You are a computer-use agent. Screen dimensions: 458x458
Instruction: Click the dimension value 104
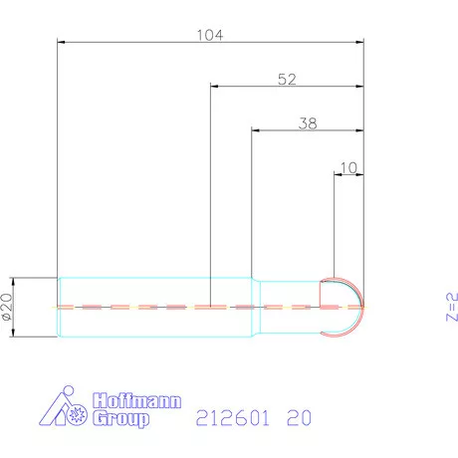pyautogui.click(x=209, y=34)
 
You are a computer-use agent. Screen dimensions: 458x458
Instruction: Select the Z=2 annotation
pyautogui.click(x=450, y=308)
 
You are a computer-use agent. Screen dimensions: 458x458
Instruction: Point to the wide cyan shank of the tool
pyautogui.click(x=149, y=306)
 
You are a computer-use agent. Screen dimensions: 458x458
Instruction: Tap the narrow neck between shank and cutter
pyautogui.click(x=289, y=306)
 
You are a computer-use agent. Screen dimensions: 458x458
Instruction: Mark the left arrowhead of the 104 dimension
pyautogui.click(x=63, y=43)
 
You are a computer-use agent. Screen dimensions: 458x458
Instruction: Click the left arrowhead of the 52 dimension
pyautogui.click(x=215, y=87)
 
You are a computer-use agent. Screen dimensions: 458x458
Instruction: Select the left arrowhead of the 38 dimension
pyautogui.click(x=256, y=130)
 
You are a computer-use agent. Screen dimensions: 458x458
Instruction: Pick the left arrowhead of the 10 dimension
pyautogui.click(x=337, y=173)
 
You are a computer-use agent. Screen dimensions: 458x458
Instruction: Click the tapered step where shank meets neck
pyautogui.click(x=254, y=306)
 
